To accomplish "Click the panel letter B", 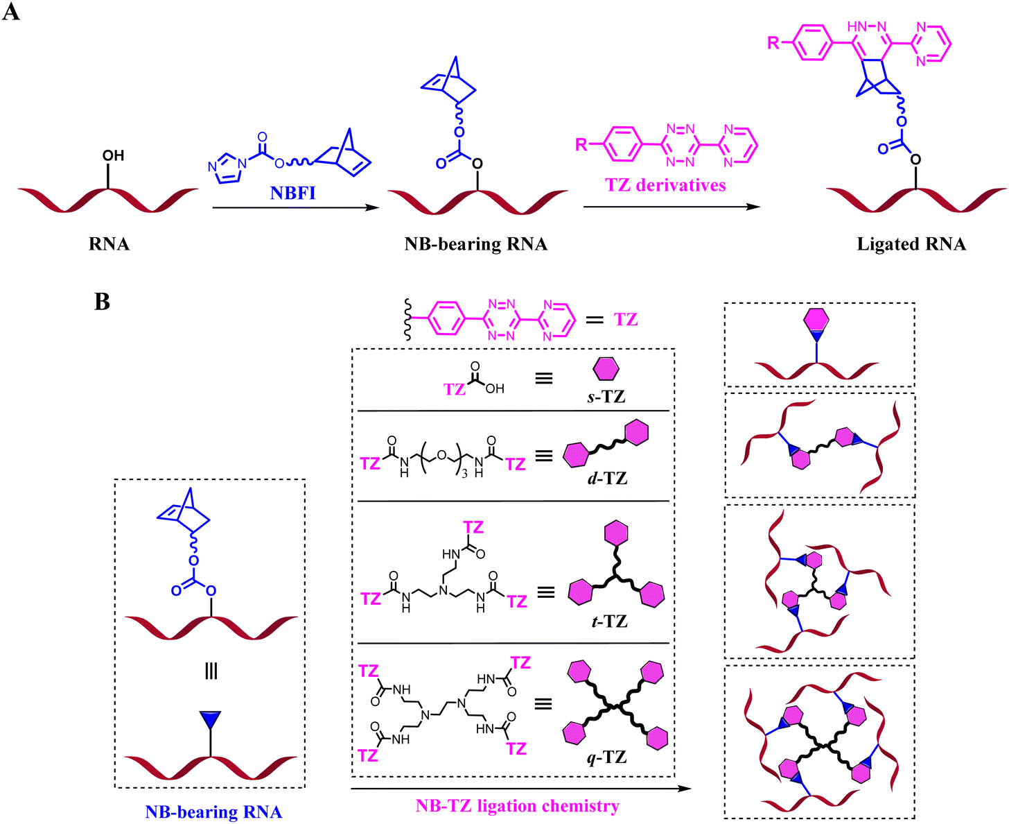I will (102, 302).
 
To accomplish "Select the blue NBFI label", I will (292, 193).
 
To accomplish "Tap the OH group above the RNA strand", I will (113, 155).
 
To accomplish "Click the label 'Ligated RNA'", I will (911, 244).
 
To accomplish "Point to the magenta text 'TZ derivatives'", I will (665, 185).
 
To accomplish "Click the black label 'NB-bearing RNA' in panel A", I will (475, 244).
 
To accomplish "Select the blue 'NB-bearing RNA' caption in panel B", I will (213, 812).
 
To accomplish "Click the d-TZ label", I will (607, 478).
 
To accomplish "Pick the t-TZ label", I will (608, 621).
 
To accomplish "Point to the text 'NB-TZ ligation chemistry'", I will (517, 806).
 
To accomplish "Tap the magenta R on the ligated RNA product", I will (773, 43).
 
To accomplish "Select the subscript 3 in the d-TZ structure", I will (464, 472).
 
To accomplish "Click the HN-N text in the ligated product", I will (866, 26).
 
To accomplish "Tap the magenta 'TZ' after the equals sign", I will (625, 320).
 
